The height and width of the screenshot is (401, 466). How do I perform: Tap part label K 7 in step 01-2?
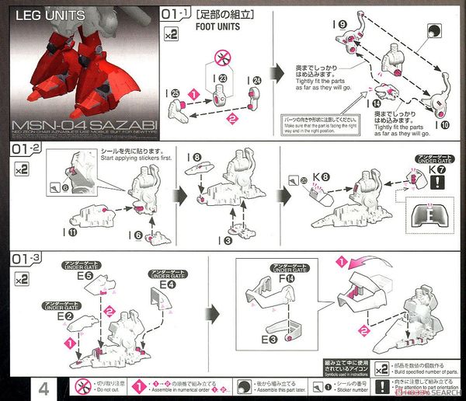click(437, 169)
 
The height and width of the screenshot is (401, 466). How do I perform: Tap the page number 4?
click(43, 387)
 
